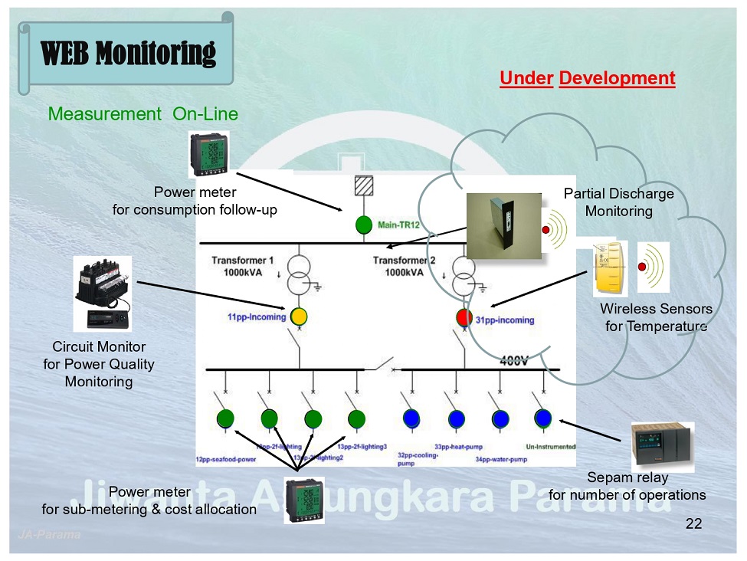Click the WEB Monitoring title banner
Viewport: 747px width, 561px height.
(128, 53)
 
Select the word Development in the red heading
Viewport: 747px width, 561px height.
(617, 78)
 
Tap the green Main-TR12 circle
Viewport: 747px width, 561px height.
(363, 225)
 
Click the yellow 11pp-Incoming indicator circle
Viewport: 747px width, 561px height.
(299, 316)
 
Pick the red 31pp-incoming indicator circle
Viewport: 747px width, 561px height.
(464, 317)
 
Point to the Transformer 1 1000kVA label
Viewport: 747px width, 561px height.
(242, 266)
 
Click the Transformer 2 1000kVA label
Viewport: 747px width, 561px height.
(404, 266)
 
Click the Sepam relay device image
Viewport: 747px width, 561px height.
(662, 447)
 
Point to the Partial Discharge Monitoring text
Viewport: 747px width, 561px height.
(618, 202)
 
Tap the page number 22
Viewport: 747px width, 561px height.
(693, 524)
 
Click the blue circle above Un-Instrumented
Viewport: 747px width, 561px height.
(543, 418)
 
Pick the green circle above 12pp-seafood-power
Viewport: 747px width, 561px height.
(225, 418)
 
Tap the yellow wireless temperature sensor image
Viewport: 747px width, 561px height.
(610, 268)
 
